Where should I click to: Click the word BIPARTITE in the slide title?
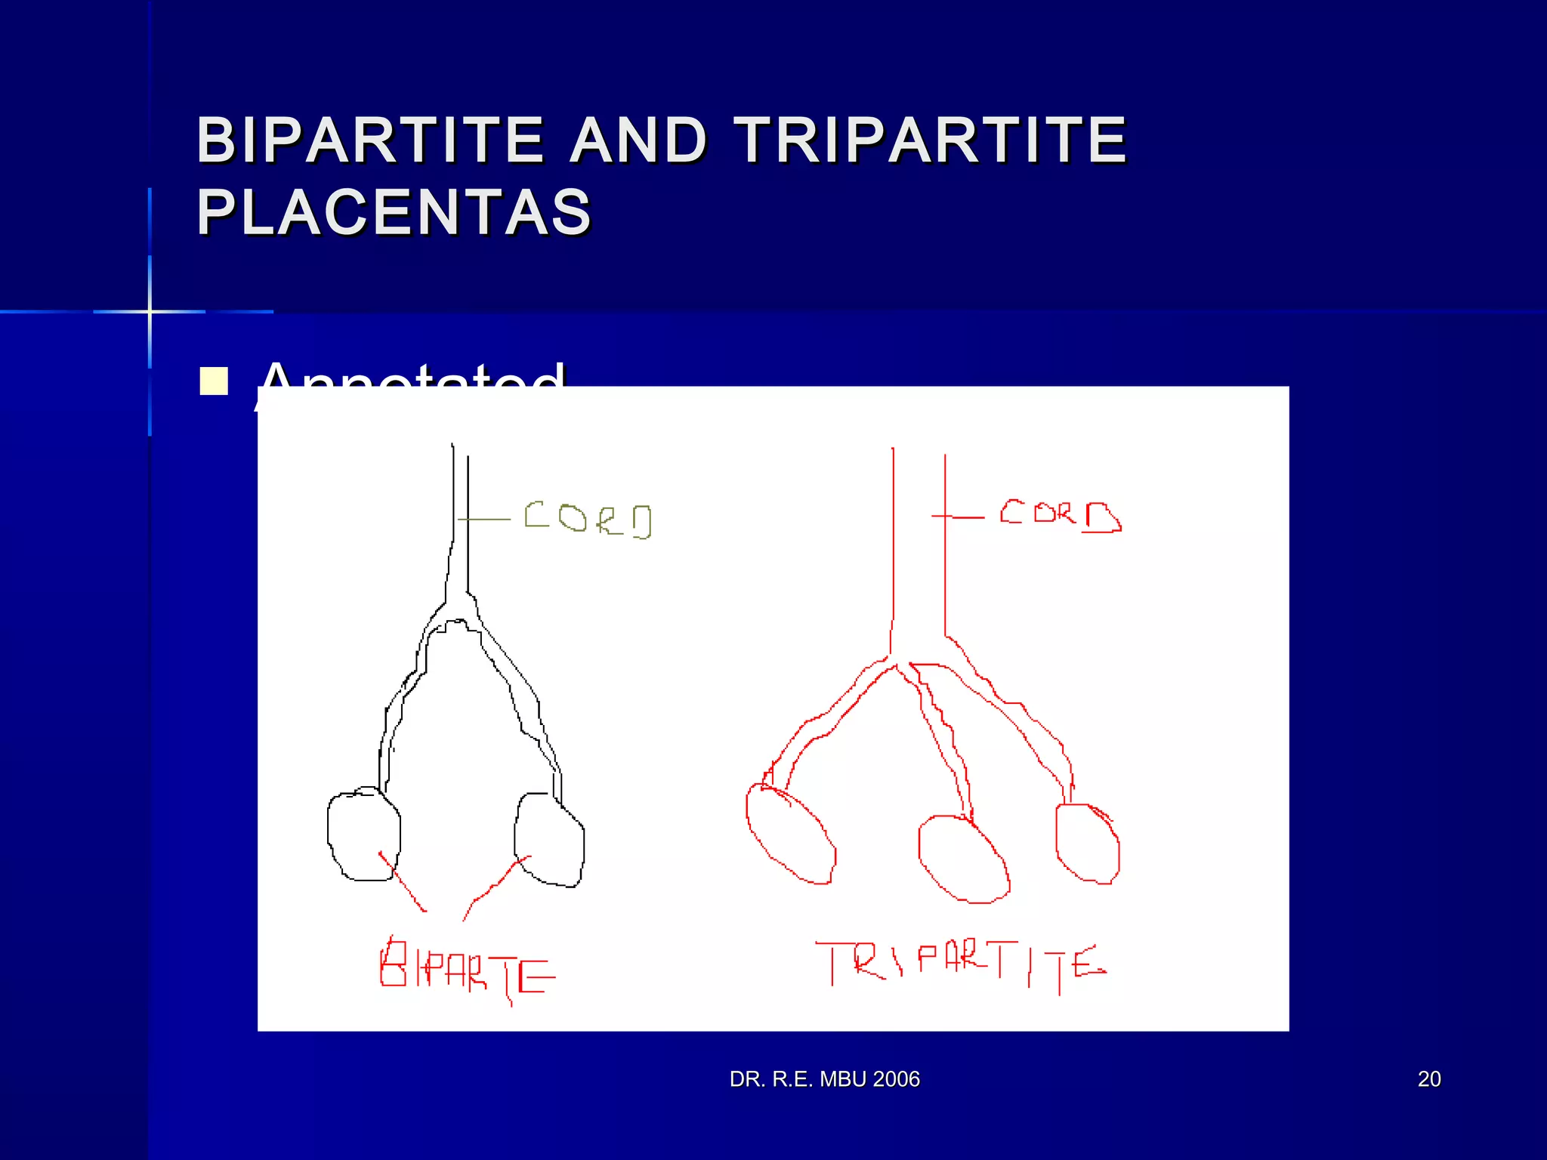pyautogui.click(x=370, y=140)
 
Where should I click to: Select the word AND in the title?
pyautogui.click(x=638, y=140)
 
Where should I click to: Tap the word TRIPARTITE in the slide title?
pyautogui.click(x=931, y=140)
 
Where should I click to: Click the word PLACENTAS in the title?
pyautogui.click(x=394, y=212)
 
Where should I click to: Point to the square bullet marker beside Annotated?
pyautogui.click(x=214, y=381)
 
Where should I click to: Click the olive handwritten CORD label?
pyautogui.click(x=588, y=520)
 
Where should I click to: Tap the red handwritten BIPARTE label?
pyautogui.click(x=467, y=970)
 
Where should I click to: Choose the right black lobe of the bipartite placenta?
pyautogui.click(x=549, y=840)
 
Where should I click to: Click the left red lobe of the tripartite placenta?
pyautogui.click(x=790, y=834)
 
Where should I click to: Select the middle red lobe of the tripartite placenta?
pyautogui.click(x=963, y=859)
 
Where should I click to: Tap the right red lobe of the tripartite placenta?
pyautogui.click(x=1087, y=843)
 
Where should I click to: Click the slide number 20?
pyautogui.click(x=1429, y=1079)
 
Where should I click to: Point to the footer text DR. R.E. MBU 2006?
pyautogui.click(x=824, y=1079)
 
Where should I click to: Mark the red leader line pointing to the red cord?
pyautogui.click(x=958, y=517)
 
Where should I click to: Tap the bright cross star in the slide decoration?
pyautogui.click(x=150, y=311)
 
